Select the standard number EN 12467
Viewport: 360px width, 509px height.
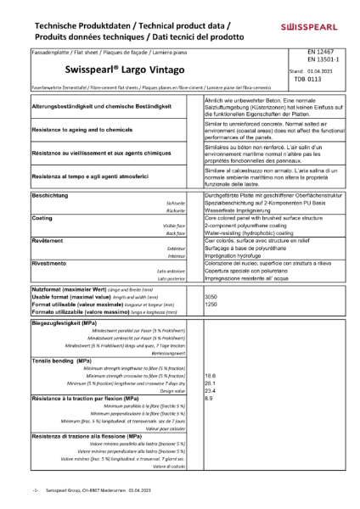[322, 53]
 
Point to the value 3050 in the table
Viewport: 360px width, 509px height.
[212, 296]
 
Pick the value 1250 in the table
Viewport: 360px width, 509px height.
[212, 303]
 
